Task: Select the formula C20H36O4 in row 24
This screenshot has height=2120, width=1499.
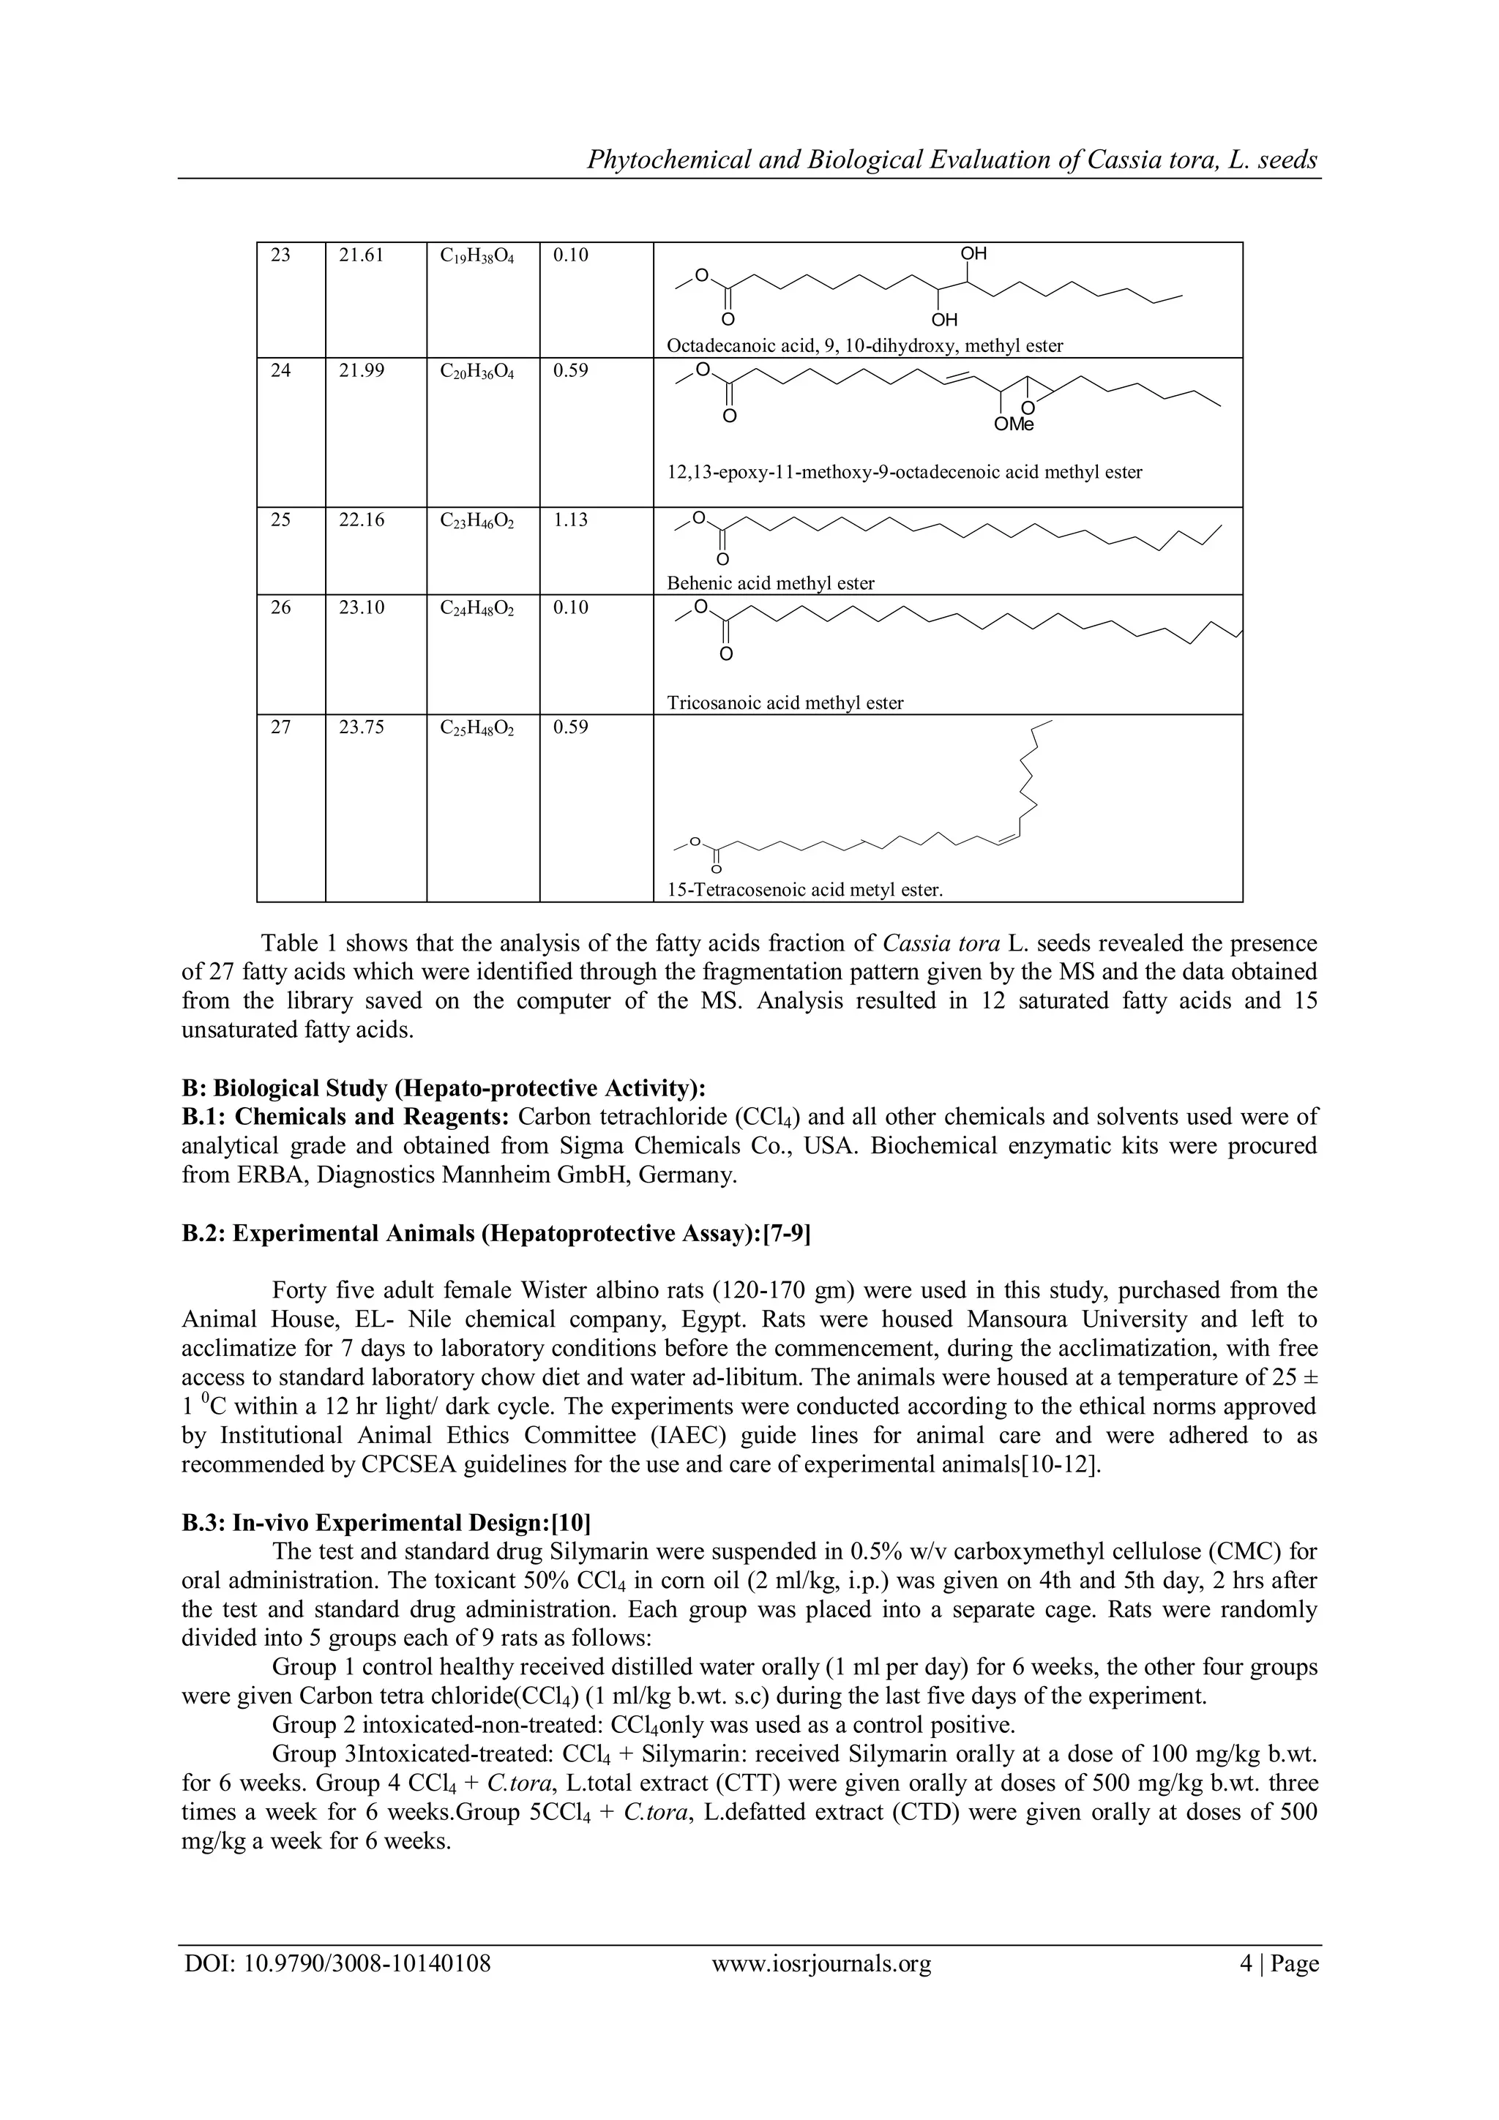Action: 476,372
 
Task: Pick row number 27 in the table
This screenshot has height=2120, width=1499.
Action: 281,727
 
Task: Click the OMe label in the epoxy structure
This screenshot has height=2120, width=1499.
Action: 1014,424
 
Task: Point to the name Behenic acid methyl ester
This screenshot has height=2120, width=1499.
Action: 770,583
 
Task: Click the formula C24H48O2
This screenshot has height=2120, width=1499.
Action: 476,608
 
